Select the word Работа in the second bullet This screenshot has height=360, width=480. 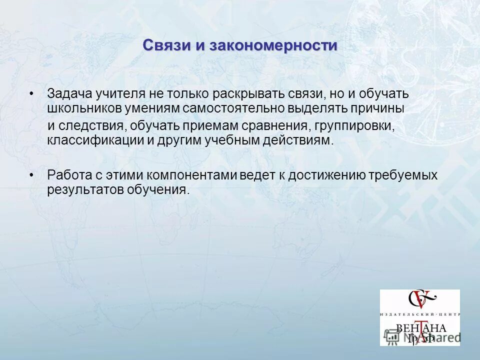66,175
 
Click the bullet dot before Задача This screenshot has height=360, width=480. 31,94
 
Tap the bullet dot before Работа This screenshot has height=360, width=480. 31,175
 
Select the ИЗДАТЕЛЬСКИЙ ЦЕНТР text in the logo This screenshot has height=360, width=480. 419,314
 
